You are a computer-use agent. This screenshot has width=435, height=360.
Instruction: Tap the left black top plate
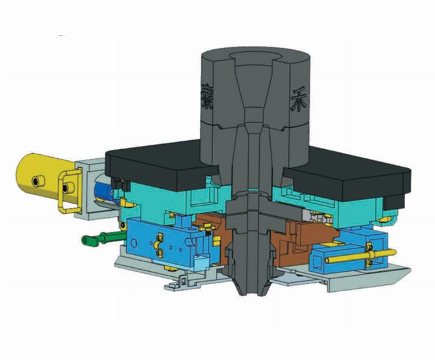coord(153,162)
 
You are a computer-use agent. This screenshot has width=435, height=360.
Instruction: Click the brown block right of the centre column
coord(305,234)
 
